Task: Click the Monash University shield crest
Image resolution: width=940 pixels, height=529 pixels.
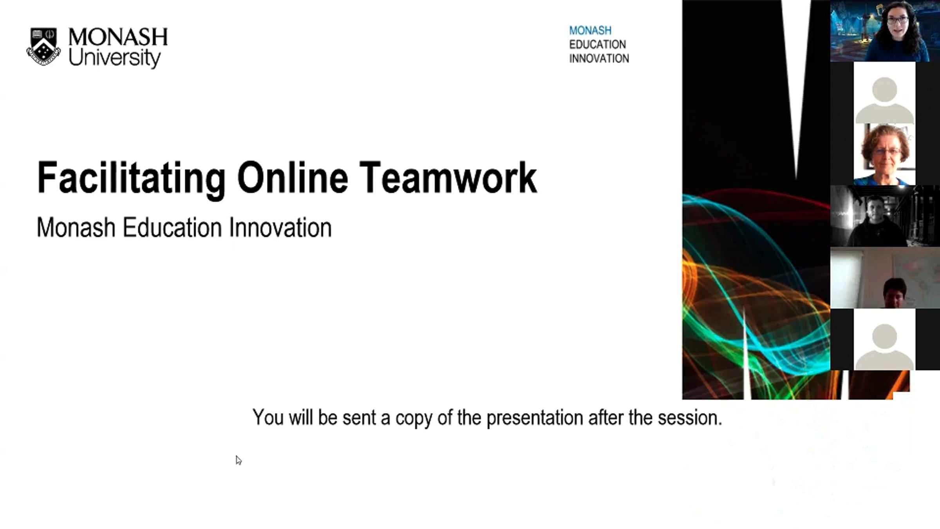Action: pos(43,46)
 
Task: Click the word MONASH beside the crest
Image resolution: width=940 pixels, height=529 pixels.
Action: pos(118,37)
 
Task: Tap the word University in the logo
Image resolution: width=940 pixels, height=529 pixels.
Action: pos(114,58)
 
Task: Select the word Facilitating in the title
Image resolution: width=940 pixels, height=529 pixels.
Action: pos(131,178)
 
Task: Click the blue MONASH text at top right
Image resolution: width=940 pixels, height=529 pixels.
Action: pos(590,31)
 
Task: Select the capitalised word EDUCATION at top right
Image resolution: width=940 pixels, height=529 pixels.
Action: pos(597,44)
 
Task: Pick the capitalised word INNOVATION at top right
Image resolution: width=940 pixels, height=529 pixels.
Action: pos(599,58)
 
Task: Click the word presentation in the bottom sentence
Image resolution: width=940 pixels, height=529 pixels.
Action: pos(535,418)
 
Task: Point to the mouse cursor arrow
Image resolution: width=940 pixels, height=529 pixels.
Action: pos(239,460)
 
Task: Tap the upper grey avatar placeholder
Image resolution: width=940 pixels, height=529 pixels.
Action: pos(884,100)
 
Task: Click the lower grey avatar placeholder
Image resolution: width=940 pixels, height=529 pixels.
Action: pos(884,347)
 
